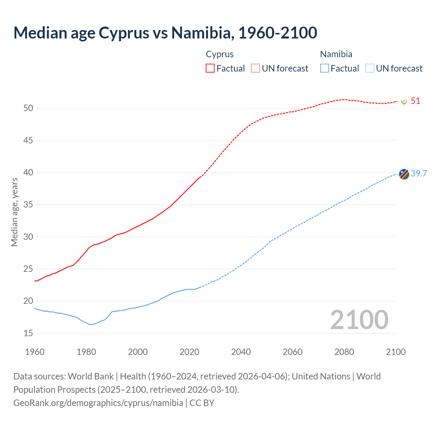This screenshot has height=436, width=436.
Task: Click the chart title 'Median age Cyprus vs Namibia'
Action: point(165,33)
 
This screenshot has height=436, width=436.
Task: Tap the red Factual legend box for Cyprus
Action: point(210,68)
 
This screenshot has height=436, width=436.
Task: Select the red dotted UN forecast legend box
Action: point(255,68)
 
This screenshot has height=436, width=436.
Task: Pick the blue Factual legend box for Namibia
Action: point(325,68)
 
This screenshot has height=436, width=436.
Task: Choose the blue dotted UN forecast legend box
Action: point(370,68)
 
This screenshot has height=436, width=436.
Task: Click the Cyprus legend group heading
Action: point(220,54)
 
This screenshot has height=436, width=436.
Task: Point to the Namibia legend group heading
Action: point(336,54)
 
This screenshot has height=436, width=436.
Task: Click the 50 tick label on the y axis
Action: point(28,108)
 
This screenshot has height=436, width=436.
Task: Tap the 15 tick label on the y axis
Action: point(28,333)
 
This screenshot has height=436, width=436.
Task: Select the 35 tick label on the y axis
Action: point(28,205)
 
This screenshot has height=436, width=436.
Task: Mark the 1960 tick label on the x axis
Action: point(35,352)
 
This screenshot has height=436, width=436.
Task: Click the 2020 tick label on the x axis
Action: point(189,352)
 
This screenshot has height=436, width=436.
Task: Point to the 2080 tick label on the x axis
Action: point(344,352)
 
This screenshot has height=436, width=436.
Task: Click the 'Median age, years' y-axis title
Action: point(14,212)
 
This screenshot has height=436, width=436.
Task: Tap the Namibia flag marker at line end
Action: point(404,174)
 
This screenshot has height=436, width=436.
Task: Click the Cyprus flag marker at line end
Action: point(404,102)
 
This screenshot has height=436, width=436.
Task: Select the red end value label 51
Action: point(415,101)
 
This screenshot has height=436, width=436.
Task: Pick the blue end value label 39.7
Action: point(419,173)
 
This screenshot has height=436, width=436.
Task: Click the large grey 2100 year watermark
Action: point(359,320)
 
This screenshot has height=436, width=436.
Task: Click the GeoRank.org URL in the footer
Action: point(98,403)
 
